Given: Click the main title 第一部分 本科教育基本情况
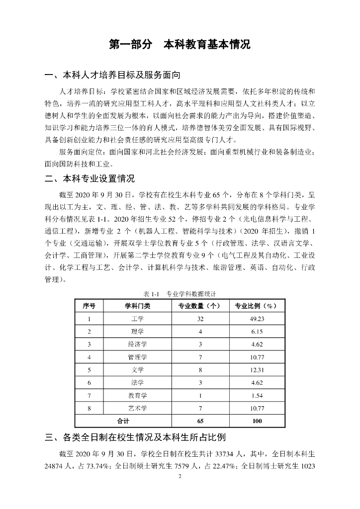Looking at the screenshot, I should coord(180,44).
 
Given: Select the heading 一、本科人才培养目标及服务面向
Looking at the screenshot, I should coord(112,76).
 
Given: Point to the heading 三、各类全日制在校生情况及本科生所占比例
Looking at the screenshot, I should coord(135,438).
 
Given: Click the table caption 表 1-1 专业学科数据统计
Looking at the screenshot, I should coord(180,294).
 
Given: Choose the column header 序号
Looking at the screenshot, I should coord(89,306).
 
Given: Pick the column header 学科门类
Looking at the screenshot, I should coord(137,306).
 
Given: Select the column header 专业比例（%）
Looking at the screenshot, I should coord(257,306).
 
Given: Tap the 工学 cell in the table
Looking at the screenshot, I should coord(137,319).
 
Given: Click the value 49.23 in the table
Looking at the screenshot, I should coord(257,319).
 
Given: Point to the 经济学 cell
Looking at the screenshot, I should coord(137,344).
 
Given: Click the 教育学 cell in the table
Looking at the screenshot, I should coord(137,395).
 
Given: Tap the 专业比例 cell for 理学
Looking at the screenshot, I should coord(257,332).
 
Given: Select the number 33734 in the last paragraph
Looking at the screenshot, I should coord(224,454).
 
